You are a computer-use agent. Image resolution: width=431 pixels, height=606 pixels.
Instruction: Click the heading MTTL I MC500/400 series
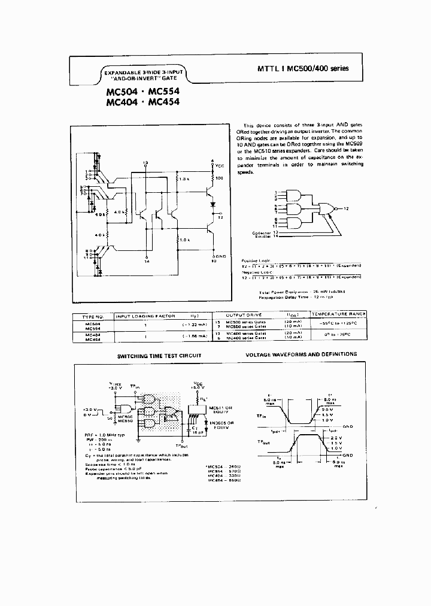tap(298, 68)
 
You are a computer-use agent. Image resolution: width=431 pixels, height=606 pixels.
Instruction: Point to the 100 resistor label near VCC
tap(218, 179)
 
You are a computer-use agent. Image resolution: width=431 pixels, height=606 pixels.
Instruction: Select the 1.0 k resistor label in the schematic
tap(184, 240)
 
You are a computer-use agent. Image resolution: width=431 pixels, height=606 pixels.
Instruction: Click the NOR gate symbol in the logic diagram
tap(327, 208)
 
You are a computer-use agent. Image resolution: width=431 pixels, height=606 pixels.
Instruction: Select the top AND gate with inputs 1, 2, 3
tap(295, 195)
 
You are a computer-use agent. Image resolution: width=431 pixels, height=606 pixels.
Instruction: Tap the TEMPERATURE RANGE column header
tap(339, 314)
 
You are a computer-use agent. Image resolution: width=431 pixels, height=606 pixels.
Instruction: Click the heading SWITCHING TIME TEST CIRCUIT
tap(159, 356)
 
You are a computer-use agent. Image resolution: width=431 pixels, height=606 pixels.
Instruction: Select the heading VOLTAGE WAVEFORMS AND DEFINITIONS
tap(301, 354)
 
